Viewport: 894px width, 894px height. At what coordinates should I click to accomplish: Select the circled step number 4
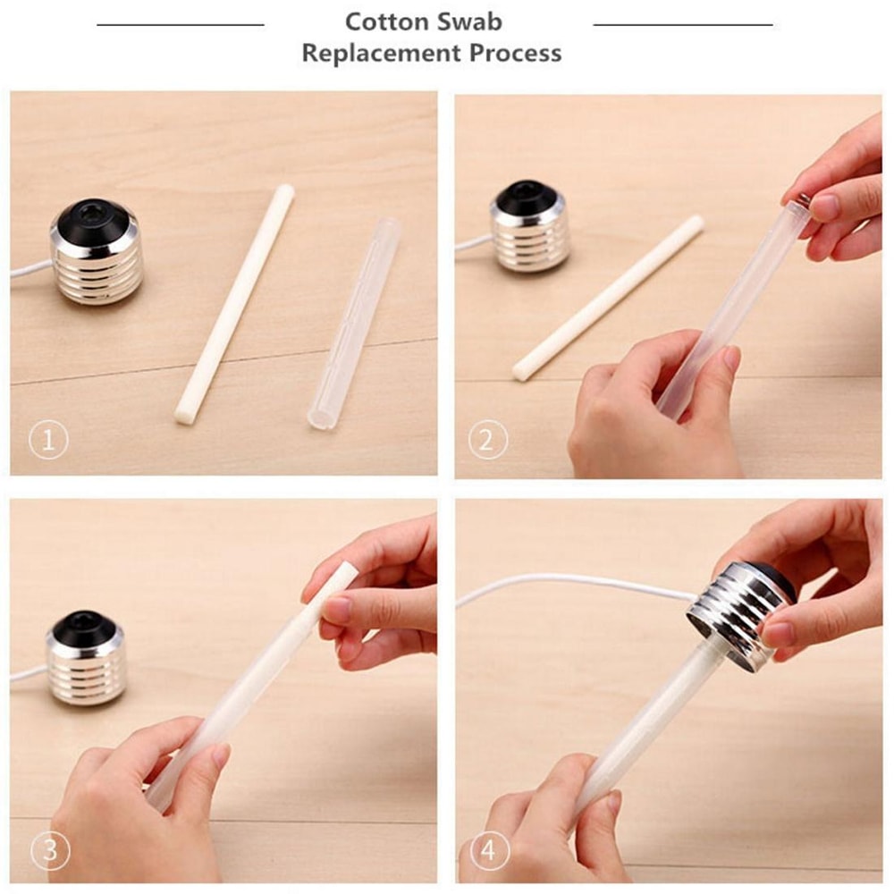coord(488,850)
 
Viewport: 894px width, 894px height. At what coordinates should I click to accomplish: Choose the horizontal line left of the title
coord(180,25)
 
